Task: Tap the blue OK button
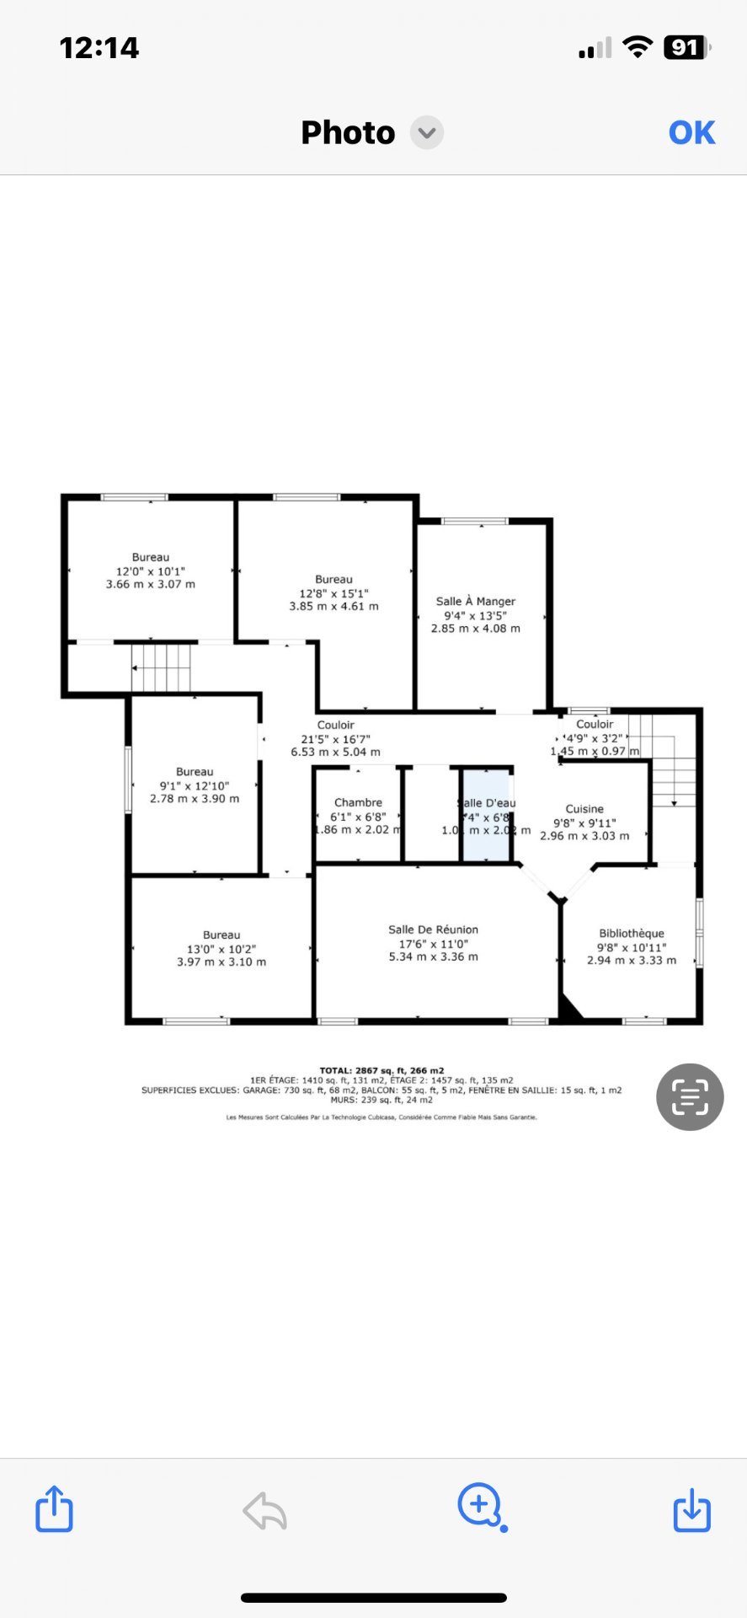pos(691,132)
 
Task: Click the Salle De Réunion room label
pos(433,930)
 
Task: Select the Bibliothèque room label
pos(632,933)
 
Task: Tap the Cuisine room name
pos(584,809)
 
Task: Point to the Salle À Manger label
pos(476,601)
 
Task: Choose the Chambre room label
pos(358,802)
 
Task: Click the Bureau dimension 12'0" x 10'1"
pos(151,571)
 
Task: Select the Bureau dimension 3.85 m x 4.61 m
pos(334,606)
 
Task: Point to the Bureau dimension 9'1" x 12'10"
pos(195,785)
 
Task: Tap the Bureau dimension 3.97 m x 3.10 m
pos(221,962)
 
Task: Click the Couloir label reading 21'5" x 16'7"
pos(335,738)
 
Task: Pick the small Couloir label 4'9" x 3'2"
pos(595,737)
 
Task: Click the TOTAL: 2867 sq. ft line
pos(382,1070)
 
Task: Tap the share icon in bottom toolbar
pos(54,1508)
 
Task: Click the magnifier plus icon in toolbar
pos(480,1505)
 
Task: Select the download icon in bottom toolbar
pos(692,1508)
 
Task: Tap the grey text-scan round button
pos(690,1096)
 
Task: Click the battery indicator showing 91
pos(686,48)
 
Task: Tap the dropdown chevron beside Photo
pos(427,132)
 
